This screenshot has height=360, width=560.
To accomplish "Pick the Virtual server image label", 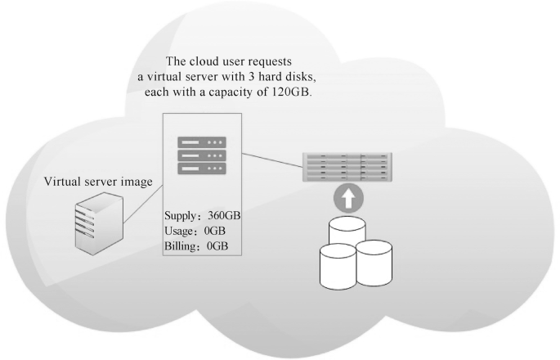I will [x=98, y=181].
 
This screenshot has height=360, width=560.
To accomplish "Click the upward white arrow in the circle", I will [x=347, y=198].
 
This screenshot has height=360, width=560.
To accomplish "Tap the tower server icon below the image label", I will [x=93, y=224].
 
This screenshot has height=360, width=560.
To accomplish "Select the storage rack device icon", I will [x=347, y=168].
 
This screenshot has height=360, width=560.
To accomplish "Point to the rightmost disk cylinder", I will [x=375, y=261].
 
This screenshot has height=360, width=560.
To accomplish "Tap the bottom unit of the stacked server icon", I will [x=200, y=169].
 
